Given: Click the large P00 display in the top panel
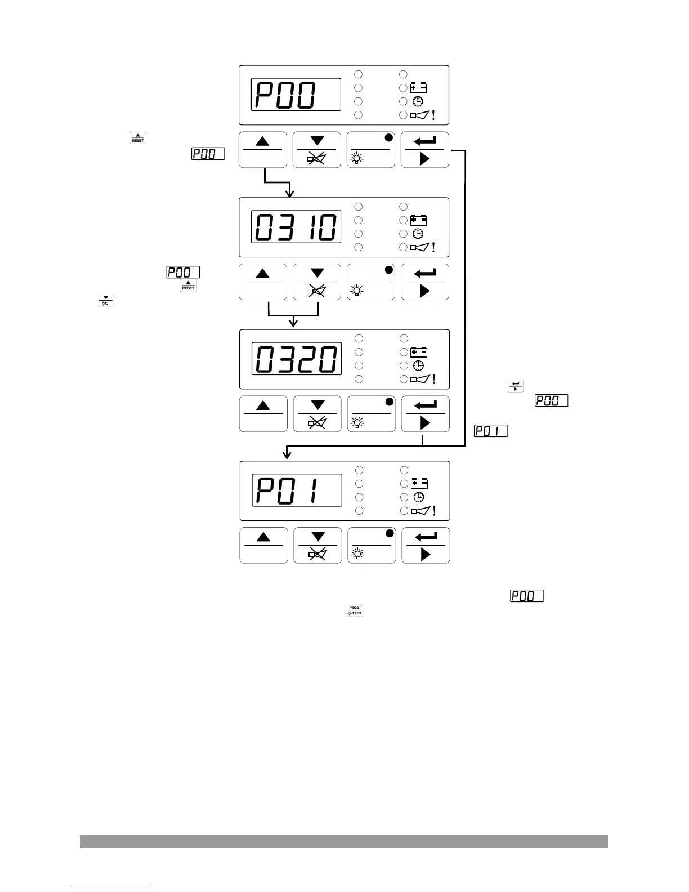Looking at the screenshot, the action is pyautogui.click(x=296, y=95).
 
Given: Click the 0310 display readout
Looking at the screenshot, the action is pyautogui.click(x=296, y=227).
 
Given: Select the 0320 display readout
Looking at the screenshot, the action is pyautogui.click(x=296, y=359).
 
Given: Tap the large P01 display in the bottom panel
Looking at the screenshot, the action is pyautogui.click(x=297, y=490).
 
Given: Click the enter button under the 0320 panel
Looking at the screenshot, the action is pyautogui.click(x=426, y=413).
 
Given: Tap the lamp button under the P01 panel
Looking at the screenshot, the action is pyautogui.click(x=372, y=545).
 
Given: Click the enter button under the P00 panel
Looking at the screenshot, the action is pyautogui.click(x=425, y=149).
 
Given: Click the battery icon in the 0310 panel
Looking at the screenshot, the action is pyautogui.click(x=418, y=220).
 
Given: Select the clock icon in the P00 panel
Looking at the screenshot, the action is pyautogui.click(x=418, y=101).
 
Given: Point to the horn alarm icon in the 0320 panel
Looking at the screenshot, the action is pyautogui.click(x=420, y=380).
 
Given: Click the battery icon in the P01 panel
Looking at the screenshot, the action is pyautogui.click(x=419, y=484).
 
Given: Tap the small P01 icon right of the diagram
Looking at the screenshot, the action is pyautogui.click(x=491, y=431).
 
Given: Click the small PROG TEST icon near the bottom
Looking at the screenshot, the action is pyautogui.click(x=354, y=610).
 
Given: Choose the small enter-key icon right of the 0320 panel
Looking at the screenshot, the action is pyautogui.click(x=516, y=386).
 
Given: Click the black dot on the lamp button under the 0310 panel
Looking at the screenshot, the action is pyautogui.click(x=388, y=270).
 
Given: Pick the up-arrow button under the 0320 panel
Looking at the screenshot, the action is pyautogui.click(x=263, y=413).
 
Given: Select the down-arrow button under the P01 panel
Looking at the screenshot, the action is pyautogui.click(x=317, y=545).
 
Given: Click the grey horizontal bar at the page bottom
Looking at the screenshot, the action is pyautogui.click(x=343, y=841).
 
